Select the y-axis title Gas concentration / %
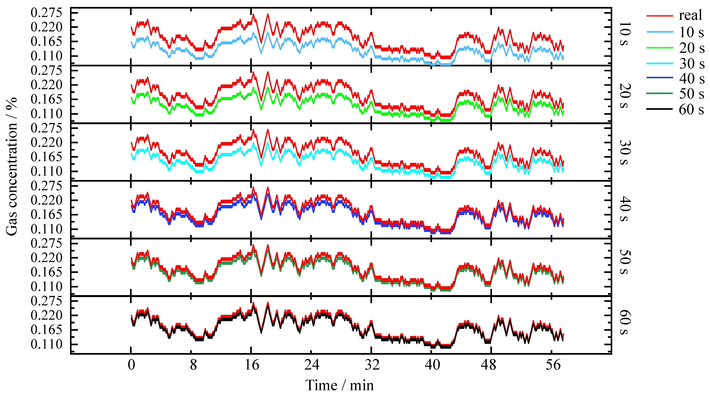12,166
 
